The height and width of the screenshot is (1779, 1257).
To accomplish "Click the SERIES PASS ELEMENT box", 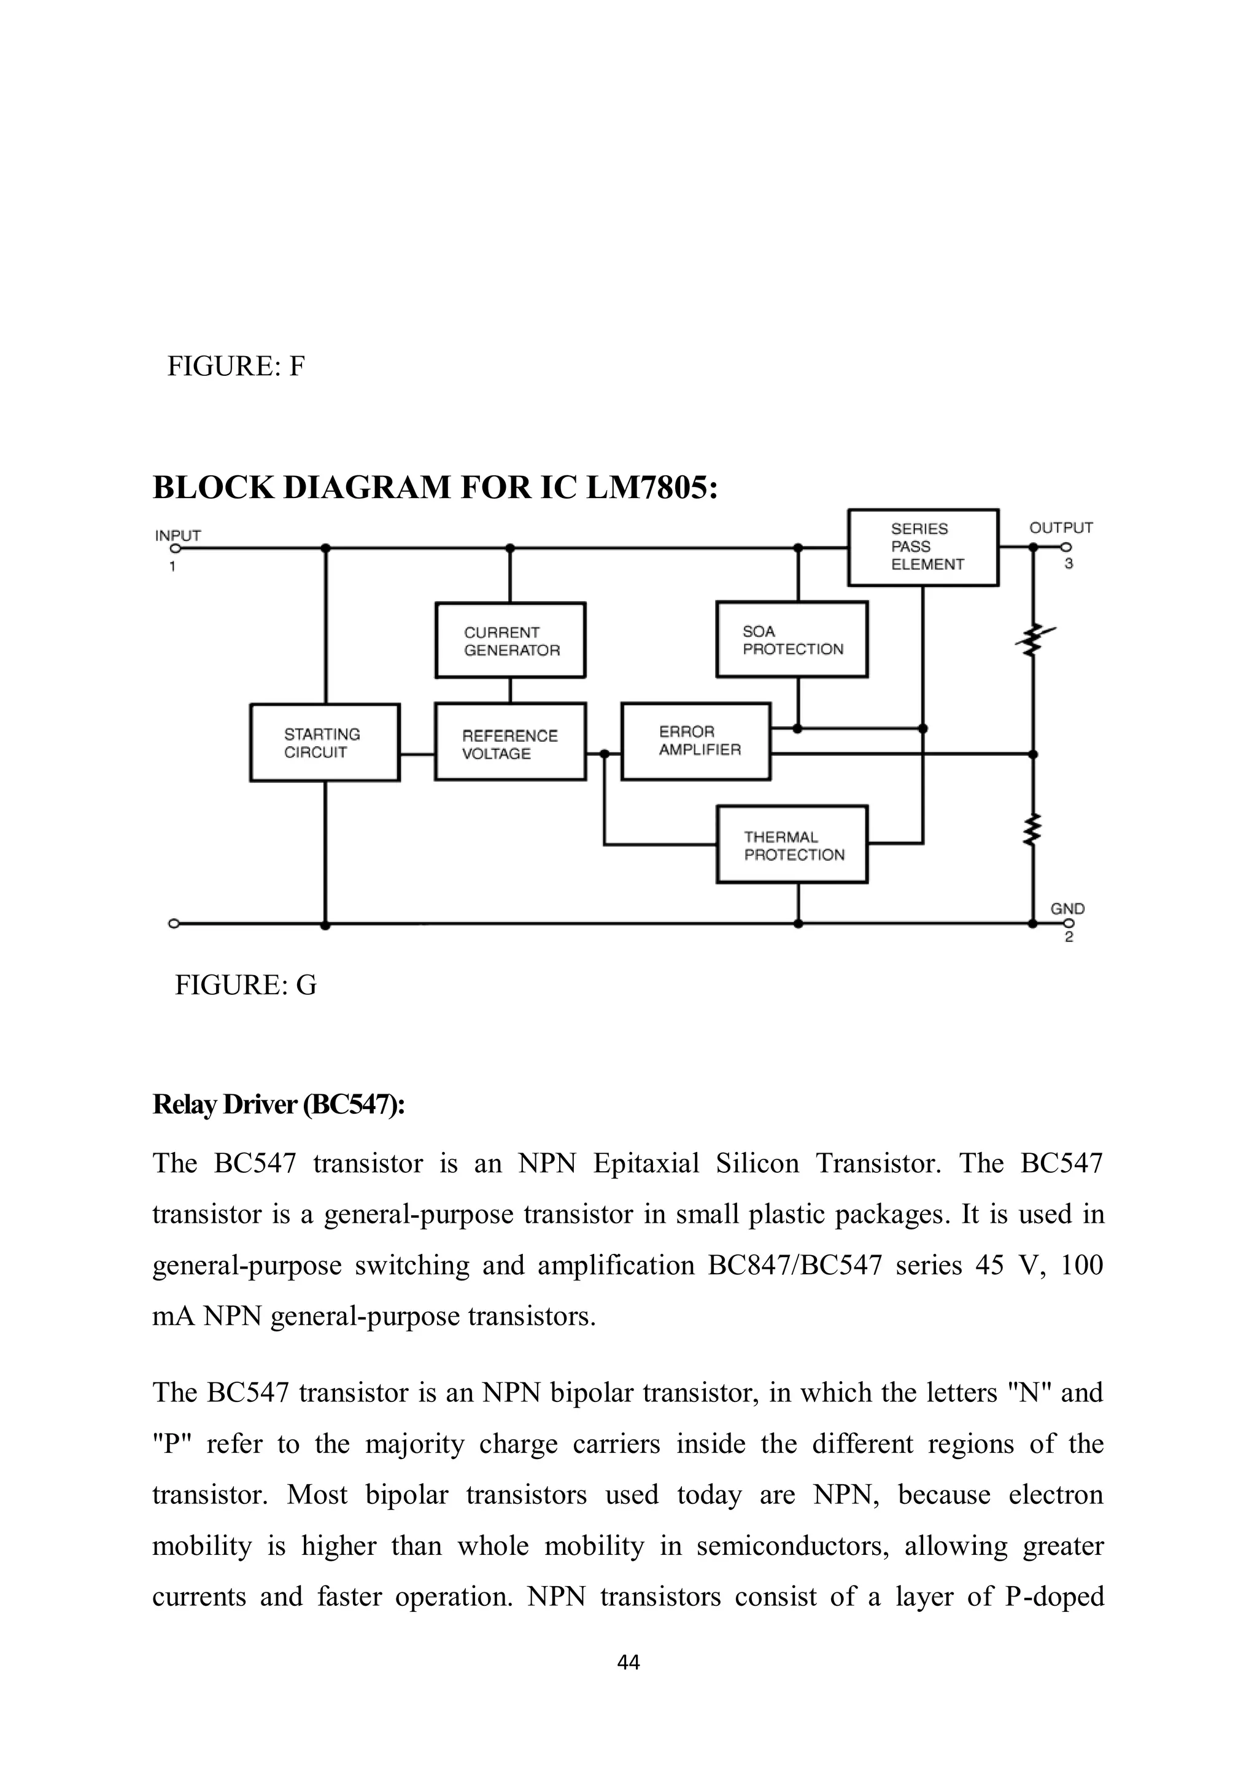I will coord(923,547).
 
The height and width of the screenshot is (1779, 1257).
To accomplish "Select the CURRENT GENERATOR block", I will coord(511,640).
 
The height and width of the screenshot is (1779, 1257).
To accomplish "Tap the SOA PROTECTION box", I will coord(792,640).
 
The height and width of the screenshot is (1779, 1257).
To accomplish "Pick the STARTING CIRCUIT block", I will coord(325,742).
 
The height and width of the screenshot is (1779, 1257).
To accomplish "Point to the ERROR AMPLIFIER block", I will coord(695,741).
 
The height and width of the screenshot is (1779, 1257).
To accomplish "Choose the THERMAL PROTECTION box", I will coord(792,844).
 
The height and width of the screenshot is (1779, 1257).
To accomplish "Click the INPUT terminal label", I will coord(177,535).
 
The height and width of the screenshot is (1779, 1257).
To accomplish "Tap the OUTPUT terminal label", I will coord(1060,527).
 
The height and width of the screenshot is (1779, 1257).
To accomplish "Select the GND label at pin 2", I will coord(1067,908).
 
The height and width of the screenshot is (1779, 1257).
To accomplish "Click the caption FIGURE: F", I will coord(236,367).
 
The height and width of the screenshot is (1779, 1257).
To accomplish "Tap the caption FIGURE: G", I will coord(246,985).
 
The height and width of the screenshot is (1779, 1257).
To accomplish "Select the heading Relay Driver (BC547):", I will coord(278,1105).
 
